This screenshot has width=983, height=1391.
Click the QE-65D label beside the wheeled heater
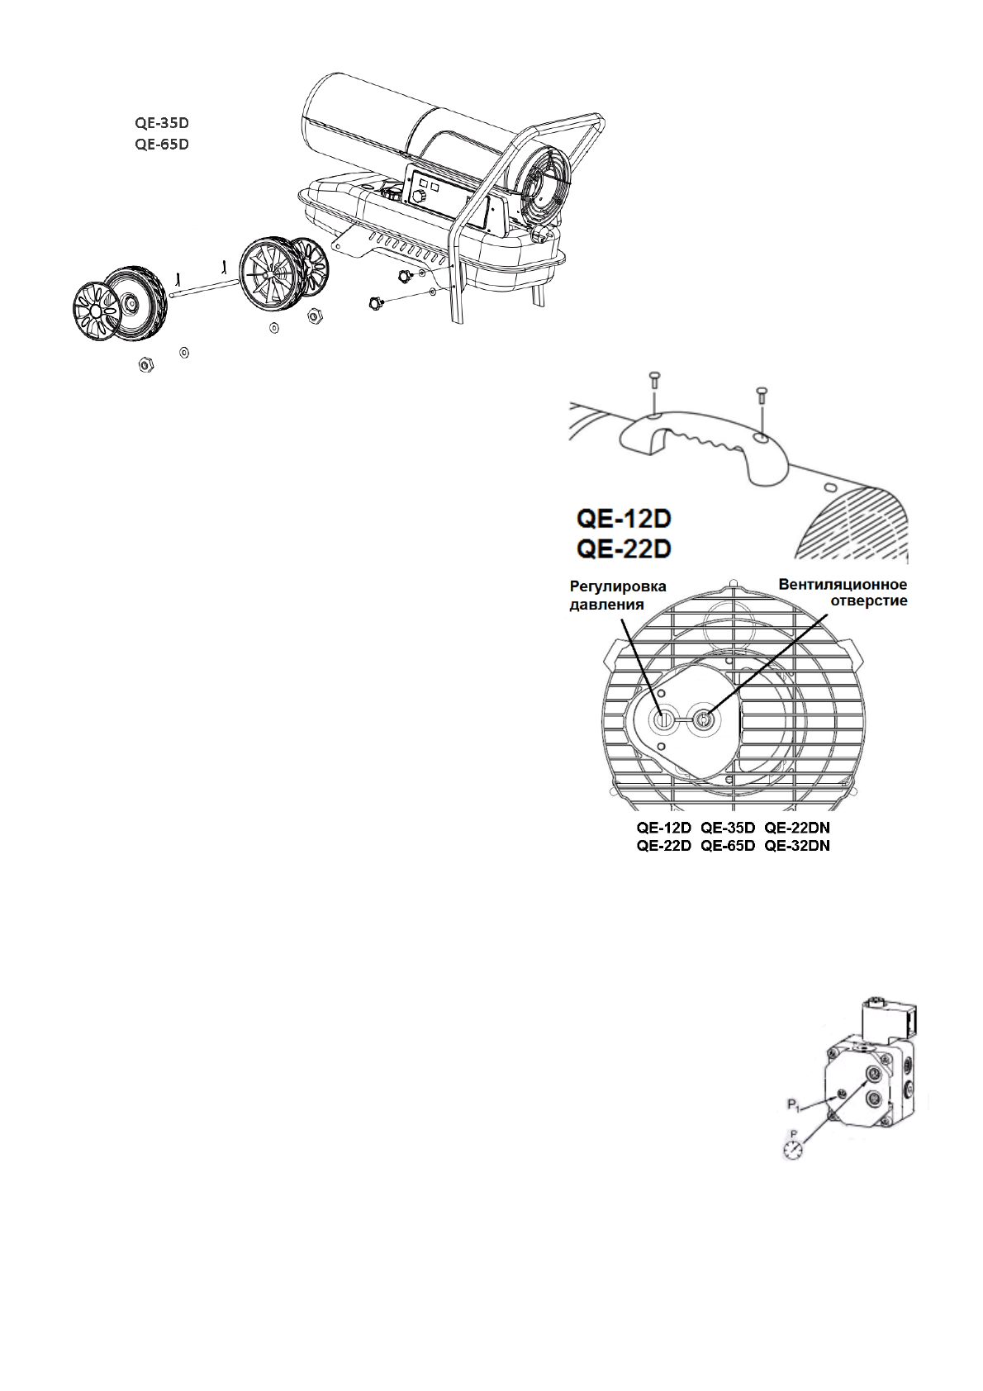pyautogui.click(x=162, y=144)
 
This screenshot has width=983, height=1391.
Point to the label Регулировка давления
pyautogui.click(x=618, y=595)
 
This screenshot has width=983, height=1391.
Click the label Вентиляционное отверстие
pyautogui.click(x=843, y=593)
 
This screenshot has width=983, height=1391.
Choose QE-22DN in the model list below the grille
pyautogui.click(x=796, y=827)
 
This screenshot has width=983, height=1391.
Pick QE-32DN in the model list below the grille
pyautogui.click(x=796, y=845)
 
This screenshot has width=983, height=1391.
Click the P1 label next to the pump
pyautogui.click(x=794, y=1104)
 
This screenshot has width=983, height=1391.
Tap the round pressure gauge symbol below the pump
pyautogui.click(x=794, y=1151)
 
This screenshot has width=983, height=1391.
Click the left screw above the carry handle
pyautogui.click(x=652, y=381)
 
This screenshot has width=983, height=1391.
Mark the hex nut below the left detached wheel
pyautogui.click(x=145, y=363)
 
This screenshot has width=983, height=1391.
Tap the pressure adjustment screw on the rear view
pyautogui.click(x=662, y=719)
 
